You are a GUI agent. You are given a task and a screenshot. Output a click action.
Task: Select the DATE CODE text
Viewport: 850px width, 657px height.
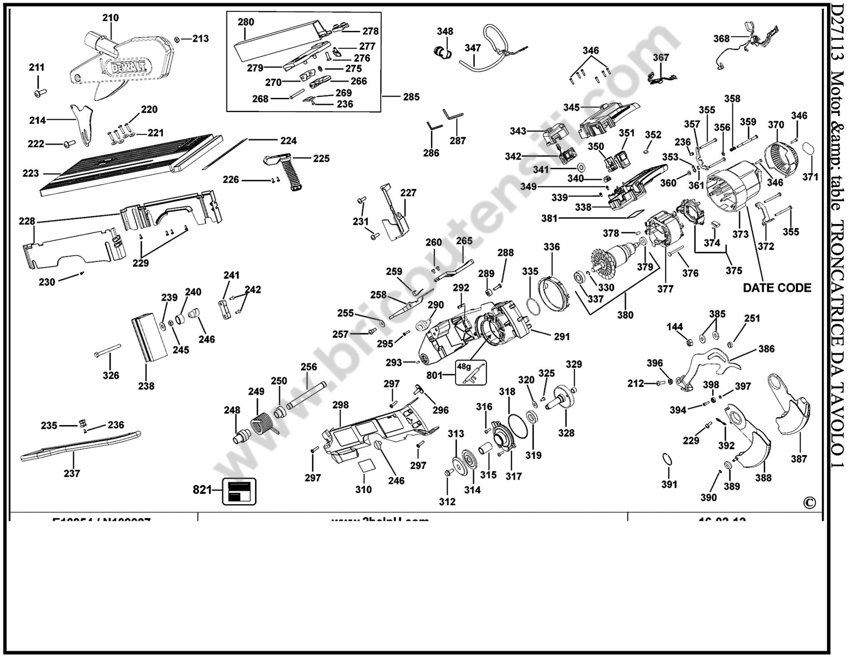pyautogui.click(x=777, y=288)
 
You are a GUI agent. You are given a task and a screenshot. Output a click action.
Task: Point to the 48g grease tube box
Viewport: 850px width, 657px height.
pyautogui.click(x=471, y=372)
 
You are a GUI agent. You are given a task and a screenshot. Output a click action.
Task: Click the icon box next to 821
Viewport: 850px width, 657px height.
pyautogui.click(x=239, y=491)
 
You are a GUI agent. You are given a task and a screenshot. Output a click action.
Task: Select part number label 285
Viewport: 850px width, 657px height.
pyautogui.click(x=411, y=97)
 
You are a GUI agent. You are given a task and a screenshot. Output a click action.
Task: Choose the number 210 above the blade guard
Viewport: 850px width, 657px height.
pyautogui.click(x=111, y=18)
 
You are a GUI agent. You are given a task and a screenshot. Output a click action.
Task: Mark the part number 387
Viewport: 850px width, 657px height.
pyautogui.click(x=799, y=459)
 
